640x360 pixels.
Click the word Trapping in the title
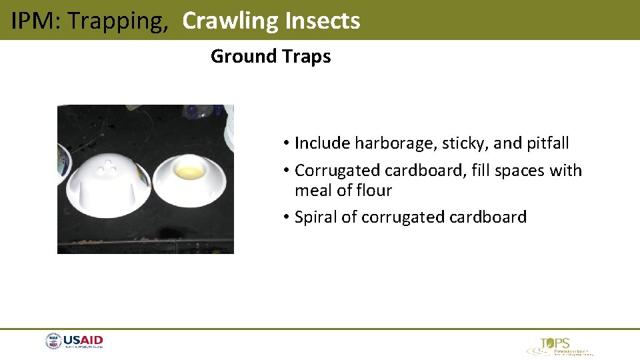click(x=118, y=21)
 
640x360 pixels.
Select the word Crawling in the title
click(x=230, y=21)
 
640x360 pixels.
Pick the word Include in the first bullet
click(x=322, y=143)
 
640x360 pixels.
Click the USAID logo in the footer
click(x=74, y=342)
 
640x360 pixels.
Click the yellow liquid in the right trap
click(x=189, y=173)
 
